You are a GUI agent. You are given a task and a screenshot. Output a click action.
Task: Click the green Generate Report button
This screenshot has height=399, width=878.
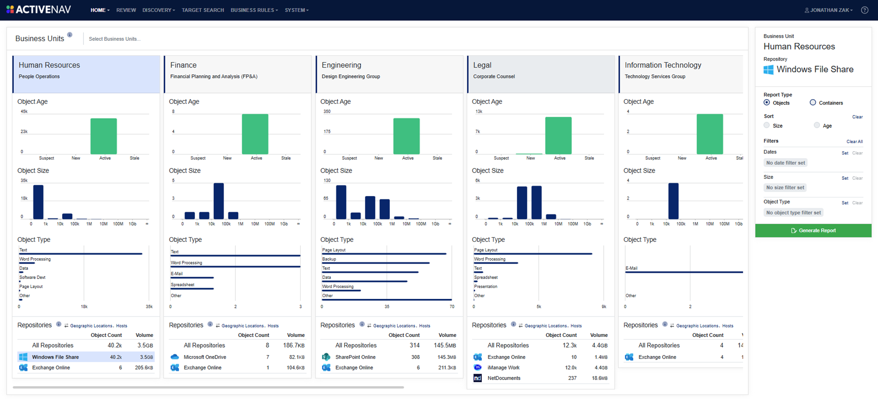click(813, 231)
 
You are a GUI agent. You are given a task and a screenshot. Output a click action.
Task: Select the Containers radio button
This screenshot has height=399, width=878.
click(813, 103)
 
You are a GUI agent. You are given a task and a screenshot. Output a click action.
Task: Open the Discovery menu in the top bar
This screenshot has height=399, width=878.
click(158, 10)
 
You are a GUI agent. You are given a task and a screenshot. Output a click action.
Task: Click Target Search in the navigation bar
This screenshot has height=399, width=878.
click(203, 10)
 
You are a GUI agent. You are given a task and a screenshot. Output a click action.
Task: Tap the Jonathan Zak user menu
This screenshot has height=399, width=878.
click(829, 10)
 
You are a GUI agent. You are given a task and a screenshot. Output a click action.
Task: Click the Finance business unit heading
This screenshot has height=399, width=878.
click(183, 65)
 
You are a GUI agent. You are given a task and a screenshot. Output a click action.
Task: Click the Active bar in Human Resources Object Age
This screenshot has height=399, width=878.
click(104, 136)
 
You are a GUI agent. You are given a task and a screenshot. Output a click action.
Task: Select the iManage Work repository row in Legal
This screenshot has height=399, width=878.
click(503, 368)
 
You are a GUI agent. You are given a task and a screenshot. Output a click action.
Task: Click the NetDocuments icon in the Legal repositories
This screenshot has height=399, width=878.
click(478, 378)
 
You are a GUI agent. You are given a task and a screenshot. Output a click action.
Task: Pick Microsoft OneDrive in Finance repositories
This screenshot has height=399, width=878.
click(204, 357)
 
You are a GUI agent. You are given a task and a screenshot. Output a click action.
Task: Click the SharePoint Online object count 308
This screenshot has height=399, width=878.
click(415, 357)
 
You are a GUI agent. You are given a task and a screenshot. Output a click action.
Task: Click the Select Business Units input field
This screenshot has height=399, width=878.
click(115, 39)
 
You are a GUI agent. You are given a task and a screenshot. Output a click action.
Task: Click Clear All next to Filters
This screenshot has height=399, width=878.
click(854, 142)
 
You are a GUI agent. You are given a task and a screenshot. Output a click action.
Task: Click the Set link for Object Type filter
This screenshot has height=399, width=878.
click(844, 203)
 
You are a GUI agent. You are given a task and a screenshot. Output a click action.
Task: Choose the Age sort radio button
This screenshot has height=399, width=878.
click(817, 125)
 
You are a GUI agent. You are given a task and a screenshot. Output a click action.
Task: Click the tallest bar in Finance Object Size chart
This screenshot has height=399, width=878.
click(218, 201)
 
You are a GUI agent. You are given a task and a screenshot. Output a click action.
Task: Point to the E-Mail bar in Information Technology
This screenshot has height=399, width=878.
click(684, 272)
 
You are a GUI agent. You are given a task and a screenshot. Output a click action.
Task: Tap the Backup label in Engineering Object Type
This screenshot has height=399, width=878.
click(329, 259)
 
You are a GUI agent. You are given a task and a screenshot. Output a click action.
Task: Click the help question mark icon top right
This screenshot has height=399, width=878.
click(864, 10)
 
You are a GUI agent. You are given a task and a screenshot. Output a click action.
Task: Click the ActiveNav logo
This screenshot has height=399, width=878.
click(39, 10)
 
